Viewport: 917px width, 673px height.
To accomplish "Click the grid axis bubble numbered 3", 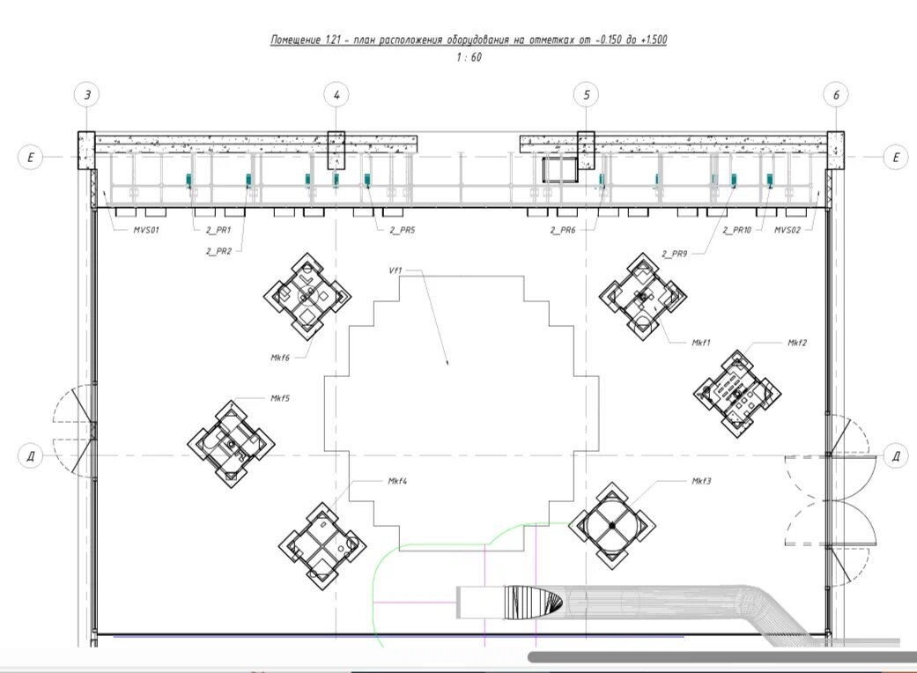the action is (x=87, y=95).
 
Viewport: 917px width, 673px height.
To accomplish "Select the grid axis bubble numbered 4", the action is (x=336, y=95).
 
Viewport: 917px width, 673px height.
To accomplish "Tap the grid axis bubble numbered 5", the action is (x=587, y=95).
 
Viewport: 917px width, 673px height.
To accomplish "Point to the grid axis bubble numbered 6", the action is (x=836, y=95).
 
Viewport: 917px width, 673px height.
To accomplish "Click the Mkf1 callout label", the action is (x=700, y=343).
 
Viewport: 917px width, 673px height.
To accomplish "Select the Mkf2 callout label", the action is (x=797, y=343).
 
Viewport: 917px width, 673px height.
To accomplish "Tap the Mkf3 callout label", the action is (x=701, y=481).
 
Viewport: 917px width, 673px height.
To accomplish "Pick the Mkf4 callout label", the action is (x=397, y=481).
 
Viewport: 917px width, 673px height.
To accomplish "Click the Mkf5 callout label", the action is (x=279, y=398).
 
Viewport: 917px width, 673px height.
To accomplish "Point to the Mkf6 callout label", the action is (x=280, y=358).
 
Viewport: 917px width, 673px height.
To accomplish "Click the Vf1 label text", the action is (x=396, y=270).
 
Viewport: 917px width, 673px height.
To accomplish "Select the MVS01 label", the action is (x=146, y=230).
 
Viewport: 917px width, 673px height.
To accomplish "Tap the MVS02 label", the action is (x=788, y=230).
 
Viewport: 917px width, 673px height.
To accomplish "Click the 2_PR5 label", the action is (x=403, y=230).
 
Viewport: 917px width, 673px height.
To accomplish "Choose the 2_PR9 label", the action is (x=674, y=254).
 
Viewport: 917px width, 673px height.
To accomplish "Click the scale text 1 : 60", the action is (x=469, y=57).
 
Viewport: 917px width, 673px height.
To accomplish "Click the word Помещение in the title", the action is (x=295, y=40).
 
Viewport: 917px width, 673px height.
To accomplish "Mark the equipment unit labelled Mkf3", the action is (x=611, y=526).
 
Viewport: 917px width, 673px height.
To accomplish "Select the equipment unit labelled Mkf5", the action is (x=231, y=444).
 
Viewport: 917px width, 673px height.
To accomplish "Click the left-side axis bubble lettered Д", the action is (x=31, y=455).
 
